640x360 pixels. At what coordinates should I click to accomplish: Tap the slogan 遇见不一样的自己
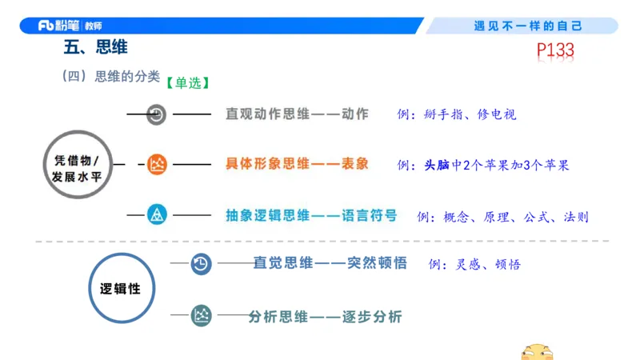[528, 26]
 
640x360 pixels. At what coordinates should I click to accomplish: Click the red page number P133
[555, 51]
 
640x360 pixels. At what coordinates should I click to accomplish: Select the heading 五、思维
[95, 48]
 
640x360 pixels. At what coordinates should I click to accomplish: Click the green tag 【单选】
[188, 82]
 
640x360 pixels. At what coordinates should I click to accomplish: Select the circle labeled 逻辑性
[120, 288]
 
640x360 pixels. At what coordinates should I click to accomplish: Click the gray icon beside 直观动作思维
[157, 114]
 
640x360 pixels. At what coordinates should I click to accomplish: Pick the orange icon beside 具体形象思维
[158, 166]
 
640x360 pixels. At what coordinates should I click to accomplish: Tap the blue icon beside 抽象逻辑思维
[158, 214]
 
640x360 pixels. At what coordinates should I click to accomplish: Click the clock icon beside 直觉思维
[201, 263]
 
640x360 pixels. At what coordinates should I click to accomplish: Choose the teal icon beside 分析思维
[202, 316]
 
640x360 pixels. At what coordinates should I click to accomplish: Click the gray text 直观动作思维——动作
[297, 114]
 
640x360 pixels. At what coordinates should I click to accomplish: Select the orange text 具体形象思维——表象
[297, 165]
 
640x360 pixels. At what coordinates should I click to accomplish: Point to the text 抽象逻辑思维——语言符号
[311, 214]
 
